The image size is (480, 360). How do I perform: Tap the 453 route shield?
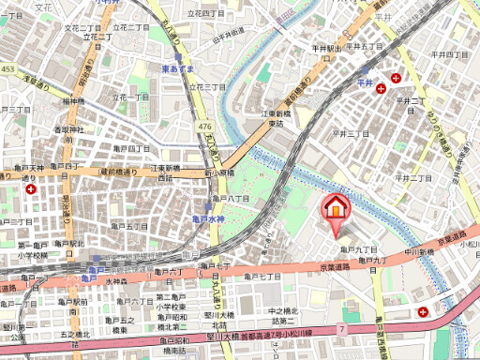click(7, 68)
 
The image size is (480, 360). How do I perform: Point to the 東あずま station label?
click(177, 69)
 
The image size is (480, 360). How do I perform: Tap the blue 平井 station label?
click(365, 83)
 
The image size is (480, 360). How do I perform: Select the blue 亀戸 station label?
click(89, 269)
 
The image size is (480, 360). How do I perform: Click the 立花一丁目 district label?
click(131, 97)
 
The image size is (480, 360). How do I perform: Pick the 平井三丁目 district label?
click(352, 133)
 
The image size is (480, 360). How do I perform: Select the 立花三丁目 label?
click(207, 85)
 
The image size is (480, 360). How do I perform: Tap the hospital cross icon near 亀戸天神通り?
click(33, 188)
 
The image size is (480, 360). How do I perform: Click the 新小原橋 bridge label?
click(219, 173)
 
